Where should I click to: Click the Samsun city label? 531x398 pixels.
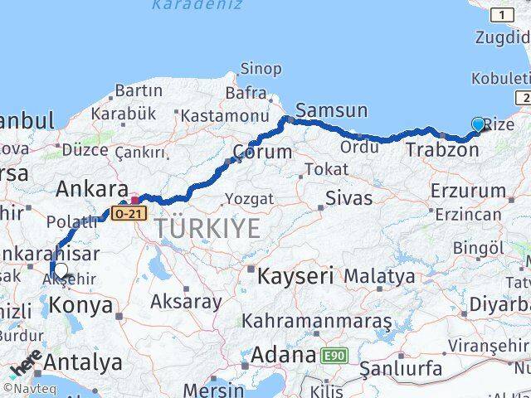coord(331,110)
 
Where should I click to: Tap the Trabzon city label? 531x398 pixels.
coord(442,150)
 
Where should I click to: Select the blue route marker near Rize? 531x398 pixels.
coord(479,125)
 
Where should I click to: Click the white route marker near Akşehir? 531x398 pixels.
coord(60,269)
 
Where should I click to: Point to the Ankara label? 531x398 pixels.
coord(91,190)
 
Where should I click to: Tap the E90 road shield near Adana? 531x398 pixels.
coord(334,356)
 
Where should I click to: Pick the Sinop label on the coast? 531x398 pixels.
coord(261,70)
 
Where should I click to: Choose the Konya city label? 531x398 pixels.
coord(81,305)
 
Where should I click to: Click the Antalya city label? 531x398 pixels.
coord(82,362)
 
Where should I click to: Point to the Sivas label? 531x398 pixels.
coord(348,197)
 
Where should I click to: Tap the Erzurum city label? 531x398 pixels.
coord(468,191)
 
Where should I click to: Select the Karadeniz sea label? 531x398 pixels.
coord(197,5)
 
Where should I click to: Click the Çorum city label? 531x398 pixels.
coord(263,152)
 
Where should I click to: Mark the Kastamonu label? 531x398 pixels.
coord(225,116)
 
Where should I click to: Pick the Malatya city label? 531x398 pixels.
coord(379,275)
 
